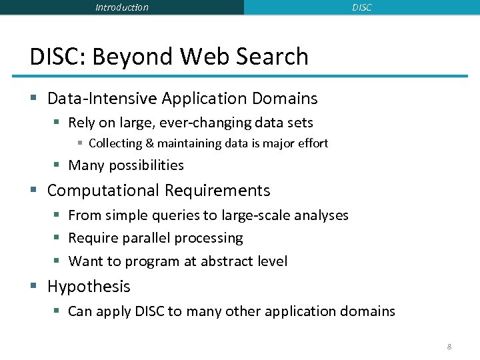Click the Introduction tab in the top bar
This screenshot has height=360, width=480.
pyautogui.click(x=122, y=7)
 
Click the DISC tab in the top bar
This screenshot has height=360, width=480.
pyautogui.click(x=361, y=7)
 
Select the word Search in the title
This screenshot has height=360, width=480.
pyautogui.click(x=273, y=57)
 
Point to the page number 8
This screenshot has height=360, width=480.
pyautogui.click(x=449, y=347)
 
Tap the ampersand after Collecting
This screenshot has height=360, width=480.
pyautogui.click(x=149, y=143)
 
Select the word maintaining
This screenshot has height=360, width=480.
pyautogui.click(x=189, y=143)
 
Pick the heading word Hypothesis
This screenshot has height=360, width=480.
pyautogui.click(x=89, y=287)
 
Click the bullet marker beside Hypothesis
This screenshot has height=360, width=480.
pyautogui.click(x=35, y=287)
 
